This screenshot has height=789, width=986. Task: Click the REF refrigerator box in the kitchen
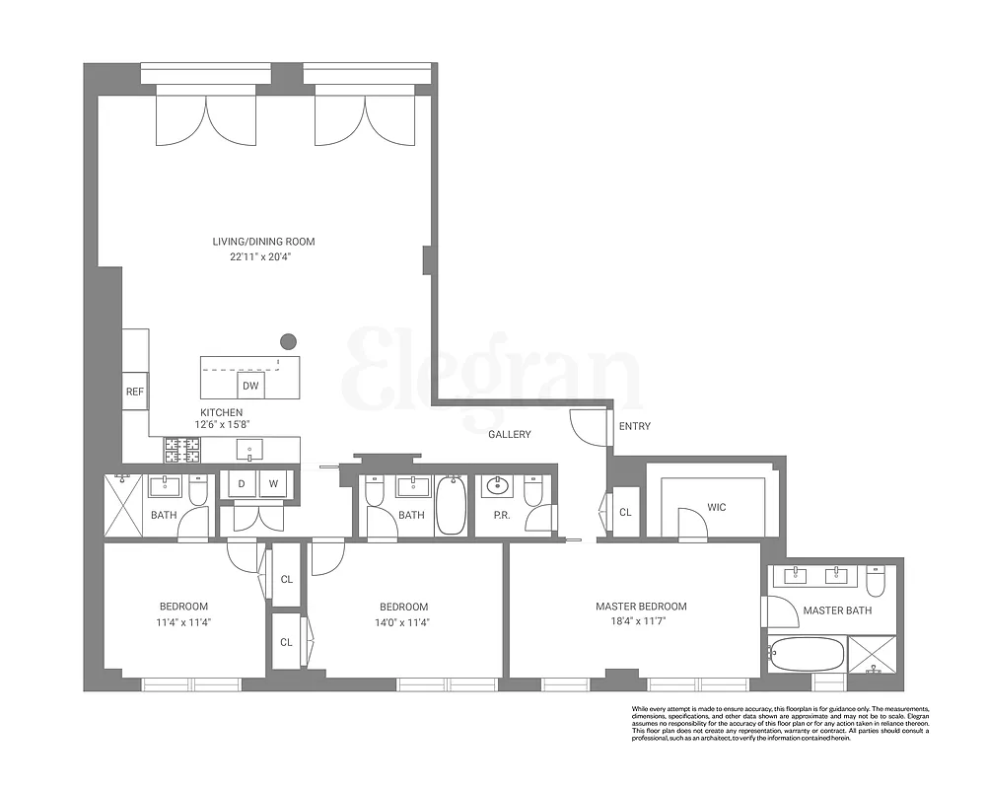pos(135,392)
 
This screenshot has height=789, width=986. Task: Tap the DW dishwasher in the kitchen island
pos(250,386)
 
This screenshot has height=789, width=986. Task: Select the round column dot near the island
pos(288,341)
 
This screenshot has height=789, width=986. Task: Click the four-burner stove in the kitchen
pos(181,450)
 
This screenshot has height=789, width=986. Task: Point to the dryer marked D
pos(240,483)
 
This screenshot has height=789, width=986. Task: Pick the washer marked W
pos(274,483)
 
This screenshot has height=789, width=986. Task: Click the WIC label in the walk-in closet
pos(717,508)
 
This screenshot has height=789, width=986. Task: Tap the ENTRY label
pos(634,426)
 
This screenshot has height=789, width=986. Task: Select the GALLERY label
pos(510,434)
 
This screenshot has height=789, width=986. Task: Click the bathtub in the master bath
pos(807,653)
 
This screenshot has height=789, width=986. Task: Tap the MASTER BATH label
pos(837,610)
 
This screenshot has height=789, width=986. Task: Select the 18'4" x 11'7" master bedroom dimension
pos(641,622)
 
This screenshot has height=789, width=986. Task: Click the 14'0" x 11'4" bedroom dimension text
pos(403,622)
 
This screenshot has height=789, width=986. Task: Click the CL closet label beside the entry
pos(625,513)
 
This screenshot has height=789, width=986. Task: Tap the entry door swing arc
pos(586,426)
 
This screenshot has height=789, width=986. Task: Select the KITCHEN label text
pos(221,412)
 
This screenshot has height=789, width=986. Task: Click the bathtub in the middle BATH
pos(451,505)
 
